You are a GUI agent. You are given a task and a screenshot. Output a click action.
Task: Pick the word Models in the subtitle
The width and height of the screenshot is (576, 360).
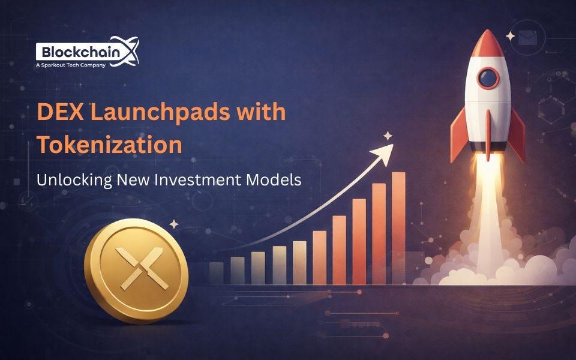(278, 179)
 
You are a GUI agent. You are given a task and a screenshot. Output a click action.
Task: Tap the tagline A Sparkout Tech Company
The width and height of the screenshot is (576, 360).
(71, 64)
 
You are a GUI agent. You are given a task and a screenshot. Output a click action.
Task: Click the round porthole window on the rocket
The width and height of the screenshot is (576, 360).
(488, 78)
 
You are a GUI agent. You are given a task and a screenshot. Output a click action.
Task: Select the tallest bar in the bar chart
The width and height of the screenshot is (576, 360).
(398, 228)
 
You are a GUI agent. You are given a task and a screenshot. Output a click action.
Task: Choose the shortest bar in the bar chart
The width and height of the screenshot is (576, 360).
(216, 273)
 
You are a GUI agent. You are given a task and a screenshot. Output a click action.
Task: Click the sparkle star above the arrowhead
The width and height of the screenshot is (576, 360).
(388, 136)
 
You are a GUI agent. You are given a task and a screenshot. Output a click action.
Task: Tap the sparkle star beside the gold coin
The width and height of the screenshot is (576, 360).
(174, 224)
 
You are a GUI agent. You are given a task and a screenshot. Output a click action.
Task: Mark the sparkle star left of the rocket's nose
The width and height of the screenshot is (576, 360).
(511, 36)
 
